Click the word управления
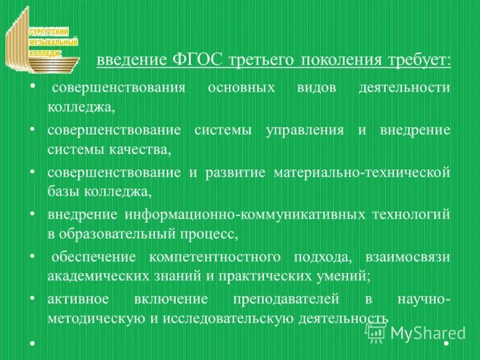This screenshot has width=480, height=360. (304, 131)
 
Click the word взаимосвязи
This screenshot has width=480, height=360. (415, 257)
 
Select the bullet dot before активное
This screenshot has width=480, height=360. (32, 298)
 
